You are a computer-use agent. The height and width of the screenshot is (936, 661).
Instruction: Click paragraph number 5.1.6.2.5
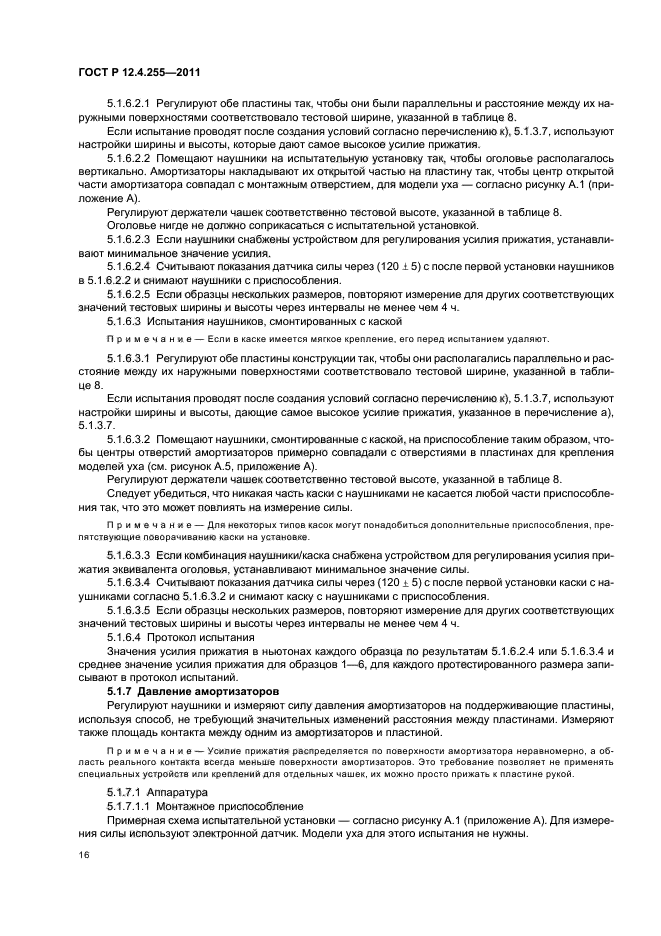click(127, 295)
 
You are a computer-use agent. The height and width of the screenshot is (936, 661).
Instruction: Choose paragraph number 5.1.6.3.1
click(127, 357)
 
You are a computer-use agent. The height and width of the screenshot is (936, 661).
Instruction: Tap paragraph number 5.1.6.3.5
click(127, 609)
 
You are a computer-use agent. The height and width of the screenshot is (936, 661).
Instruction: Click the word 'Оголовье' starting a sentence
click(131, 226)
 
